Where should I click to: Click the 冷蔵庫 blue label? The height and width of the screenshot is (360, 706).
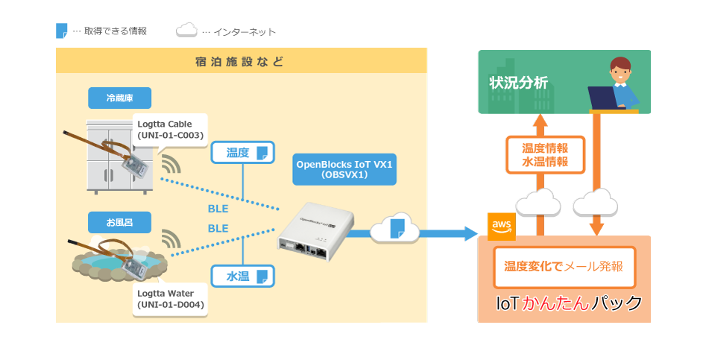click(x=119, y=98)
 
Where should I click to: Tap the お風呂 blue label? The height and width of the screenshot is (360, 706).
click(x=119, y=222)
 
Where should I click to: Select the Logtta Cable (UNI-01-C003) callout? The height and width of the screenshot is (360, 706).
click(x=171, y=130)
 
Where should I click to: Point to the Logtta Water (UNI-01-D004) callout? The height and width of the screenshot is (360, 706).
click(x=171, y=299)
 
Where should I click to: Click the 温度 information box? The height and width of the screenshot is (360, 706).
click(x=243, y=153)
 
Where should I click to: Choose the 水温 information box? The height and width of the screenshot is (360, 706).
click(x=243, y=277)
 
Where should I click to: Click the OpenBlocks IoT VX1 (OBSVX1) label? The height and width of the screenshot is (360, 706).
click(x=344, y=170)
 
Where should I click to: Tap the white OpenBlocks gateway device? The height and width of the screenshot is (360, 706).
click(x=315, y=233)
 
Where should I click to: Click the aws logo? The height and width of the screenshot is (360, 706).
click(x=502, y=227)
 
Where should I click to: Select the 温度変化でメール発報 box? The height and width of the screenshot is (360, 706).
click(x=564, y=266)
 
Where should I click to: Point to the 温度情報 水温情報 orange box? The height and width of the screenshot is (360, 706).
click(x=545, y=155)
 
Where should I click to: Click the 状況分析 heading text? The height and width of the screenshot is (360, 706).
click(x=518, y=83)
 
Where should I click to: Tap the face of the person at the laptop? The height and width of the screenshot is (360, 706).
click(x=620, y=73)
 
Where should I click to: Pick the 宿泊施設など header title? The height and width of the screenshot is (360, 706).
click(x=239, y=61)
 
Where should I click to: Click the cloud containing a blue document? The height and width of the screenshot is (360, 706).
click(x=395, y=228)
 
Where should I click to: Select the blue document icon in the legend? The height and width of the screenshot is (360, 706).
click(x=62, y=31)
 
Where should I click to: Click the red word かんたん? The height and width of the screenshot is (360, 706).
click(x=556, y=303)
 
